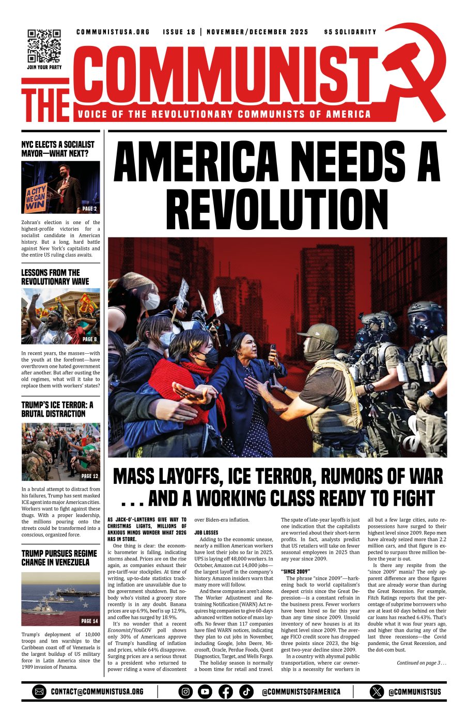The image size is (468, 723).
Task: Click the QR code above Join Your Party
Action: pos(44,45)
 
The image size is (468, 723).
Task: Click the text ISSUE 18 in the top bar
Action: pos(179,32)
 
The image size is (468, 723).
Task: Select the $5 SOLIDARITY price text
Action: pos(350,32)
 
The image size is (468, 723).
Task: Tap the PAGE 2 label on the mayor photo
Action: pos(89,209)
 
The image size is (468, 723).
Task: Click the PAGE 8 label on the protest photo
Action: pos(89,339)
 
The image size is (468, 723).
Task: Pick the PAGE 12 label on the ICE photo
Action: pos(89,476)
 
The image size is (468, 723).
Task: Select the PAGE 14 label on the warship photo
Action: pos(89,621)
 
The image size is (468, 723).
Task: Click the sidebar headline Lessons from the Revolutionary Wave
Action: pos(55,277)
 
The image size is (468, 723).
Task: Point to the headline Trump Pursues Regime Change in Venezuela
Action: pos(59,558)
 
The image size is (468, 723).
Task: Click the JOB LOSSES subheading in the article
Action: pos(206,532)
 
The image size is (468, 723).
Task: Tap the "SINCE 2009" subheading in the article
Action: pos(295,571)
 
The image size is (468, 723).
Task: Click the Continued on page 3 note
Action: pos(420,663)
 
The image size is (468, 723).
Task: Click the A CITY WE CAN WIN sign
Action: pos(36,198)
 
